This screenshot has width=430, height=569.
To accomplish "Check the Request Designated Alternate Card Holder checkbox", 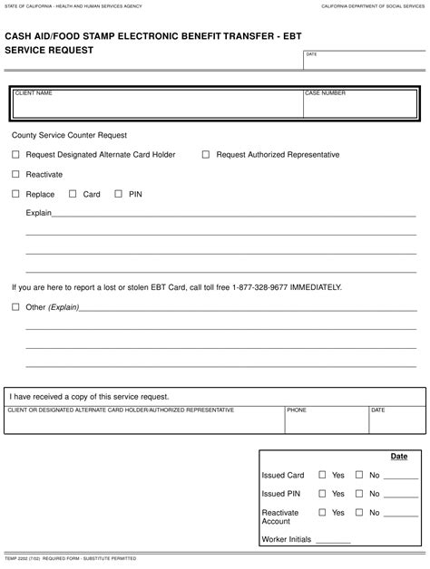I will click(x=15, y=155).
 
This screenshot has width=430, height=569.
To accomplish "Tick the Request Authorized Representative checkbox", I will click(x=206, y=155).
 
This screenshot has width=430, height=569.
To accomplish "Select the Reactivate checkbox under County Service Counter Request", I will click(x=15, y=174).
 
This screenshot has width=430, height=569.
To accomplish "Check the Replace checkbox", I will click(x=15, y=194).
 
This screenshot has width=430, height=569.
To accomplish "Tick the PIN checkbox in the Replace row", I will click(x=119, y=194).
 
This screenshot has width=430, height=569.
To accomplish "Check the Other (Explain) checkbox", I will click(x=15, y=307).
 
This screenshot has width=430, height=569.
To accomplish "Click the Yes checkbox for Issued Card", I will click(x=322, y=475).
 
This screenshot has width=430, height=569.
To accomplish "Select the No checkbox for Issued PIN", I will click(x=359, y=494).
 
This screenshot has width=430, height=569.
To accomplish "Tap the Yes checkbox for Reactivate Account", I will click(x=322, y=513).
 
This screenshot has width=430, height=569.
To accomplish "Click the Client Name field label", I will click(x=34, y=93).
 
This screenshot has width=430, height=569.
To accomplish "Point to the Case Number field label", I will click(x=325, y=93).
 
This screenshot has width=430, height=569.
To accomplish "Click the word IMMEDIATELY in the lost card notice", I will click(x=316, y=287).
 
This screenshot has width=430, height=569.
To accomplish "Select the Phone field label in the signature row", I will click(x=297, y=410).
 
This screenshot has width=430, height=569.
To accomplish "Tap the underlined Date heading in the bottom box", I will click(x=399, y=457).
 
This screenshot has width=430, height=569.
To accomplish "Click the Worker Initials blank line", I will click(x=333, y=541).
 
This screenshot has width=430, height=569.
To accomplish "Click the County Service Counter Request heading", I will click(x=69, y=136).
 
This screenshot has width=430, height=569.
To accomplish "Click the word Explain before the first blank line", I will click(x=39, y=213).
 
